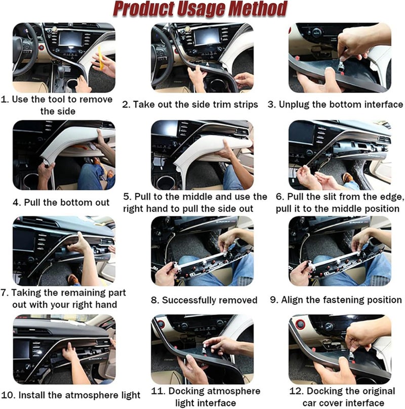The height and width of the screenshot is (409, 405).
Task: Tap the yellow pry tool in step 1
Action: [100, 58]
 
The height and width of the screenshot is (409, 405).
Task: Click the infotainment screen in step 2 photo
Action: [207, 36]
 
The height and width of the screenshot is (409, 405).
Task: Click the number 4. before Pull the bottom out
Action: [17, 202]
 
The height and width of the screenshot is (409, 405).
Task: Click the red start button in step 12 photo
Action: [301, 325]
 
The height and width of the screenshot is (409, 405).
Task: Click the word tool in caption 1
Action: [57, 100]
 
